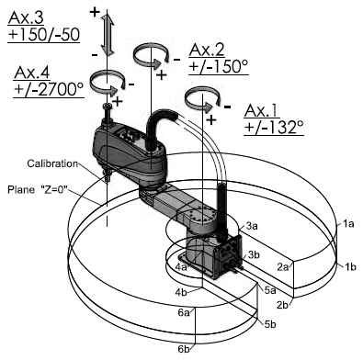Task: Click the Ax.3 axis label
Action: tap(26, 17)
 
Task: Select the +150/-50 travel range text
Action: tap(44, 35)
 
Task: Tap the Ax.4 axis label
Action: tap(31, 73)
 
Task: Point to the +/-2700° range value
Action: tap(49, 90)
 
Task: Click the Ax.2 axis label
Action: tap(207, 50)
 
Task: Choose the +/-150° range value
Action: tap(219, 66)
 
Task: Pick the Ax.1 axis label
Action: tap(262, 110)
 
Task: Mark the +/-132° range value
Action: tap(274, 128)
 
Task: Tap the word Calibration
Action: tap(52, 163)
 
